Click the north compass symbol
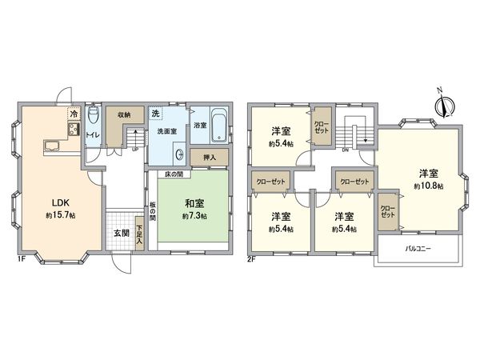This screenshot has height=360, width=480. coord(446,105)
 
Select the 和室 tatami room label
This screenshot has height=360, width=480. coord(193,204)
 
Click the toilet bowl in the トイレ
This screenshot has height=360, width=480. coord(92,116)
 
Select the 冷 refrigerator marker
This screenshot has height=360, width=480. coord(73,114)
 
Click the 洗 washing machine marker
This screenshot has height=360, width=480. coord(157,114)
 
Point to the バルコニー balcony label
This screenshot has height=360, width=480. coord(418,249)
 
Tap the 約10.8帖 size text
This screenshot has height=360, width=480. coord(428,185)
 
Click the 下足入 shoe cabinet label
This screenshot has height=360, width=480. coord(139,235)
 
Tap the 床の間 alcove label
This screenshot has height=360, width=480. coord(176,174)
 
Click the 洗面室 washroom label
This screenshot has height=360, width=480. coord(166,131)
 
